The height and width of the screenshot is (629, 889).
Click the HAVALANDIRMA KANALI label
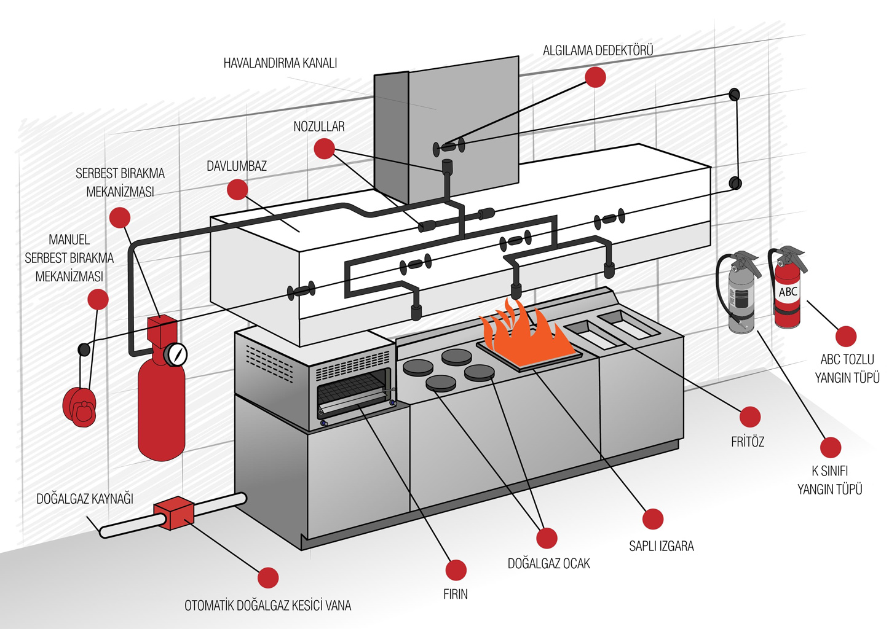(280, 63)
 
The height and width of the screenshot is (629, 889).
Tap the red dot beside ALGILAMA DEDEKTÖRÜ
(595, 77)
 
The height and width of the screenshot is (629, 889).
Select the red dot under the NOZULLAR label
(324, 148)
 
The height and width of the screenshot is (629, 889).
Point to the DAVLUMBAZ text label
(237, 166)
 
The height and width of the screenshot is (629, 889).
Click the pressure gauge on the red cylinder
(177, 354)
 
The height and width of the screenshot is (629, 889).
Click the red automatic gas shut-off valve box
(174, 514)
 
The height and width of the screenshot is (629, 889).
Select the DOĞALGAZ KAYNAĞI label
(85, 499)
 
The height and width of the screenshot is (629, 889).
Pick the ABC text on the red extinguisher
(788, 292)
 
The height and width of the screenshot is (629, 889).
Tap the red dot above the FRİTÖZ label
(750, 417)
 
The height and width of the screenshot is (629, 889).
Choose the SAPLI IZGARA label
(661, 546)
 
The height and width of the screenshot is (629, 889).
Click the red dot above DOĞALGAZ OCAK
(547, 538)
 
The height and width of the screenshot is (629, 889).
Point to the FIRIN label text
(456, 594)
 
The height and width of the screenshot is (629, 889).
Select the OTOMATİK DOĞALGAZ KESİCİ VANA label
(268, 606)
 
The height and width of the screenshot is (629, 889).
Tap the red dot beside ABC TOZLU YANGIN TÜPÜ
(847, 336)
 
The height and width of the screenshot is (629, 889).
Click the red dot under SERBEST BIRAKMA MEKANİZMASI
(120, 217)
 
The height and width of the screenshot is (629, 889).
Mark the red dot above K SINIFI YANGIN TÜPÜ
(831, 447)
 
